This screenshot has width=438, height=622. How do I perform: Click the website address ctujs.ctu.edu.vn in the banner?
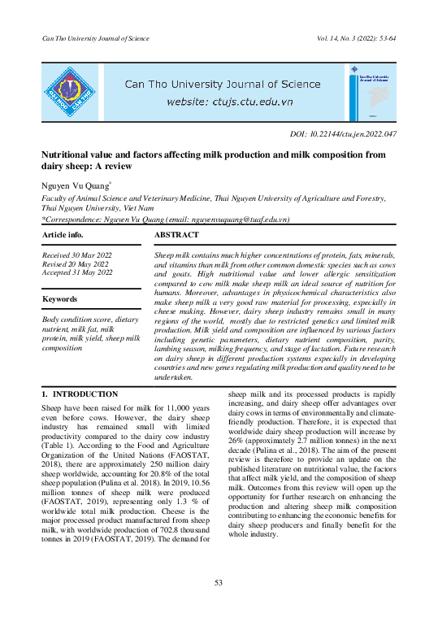click(229, 102)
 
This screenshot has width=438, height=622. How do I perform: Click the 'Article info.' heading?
click(63, 235)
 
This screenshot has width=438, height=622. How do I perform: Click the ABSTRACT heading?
click(176, 235)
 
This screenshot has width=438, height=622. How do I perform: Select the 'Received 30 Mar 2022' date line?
click(77, 255)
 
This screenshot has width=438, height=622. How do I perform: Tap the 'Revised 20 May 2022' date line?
click(76, 263)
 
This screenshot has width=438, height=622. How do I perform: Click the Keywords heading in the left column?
click(60, 299)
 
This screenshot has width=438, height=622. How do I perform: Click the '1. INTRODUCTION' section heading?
click(80, 394)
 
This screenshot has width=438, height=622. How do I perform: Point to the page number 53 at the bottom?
click(218, 582)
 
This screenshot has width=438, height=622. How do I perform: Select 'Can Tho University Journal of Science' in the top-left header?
click(96, 38)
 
